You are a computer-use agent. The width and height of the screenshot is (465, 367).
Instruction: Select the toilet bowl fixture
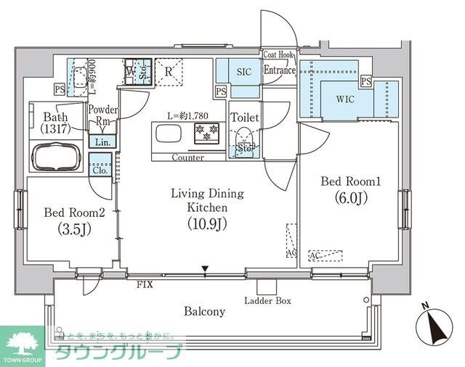pos(243,139)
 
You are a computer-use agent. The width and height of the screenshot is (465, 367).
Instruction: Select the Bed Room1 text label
pos(349,181)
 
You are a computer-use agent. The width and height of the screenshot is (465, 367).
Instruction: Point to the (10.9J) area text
pos(207,223)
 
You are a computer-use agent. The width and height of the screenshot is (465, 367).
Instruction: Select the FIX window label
pos(145,285)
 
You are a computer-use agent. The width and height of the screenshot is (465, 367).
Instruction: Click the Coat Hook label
pos(279,54)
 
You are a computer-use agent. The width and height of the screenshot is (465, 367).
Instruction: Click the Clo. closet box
pos(100,170)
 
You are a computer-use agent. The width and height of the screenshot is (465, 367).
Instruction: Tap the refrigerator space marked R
pos(168,71)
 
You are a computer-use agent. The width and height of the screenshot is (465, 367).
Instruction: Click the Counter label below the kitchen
pos(187,157)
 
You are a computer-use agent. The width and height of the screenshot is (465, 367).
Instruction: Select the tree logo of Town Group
pos(23,342)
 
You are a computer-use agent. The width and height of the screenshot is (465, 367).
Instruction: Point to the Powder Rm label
pos(103,115)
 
